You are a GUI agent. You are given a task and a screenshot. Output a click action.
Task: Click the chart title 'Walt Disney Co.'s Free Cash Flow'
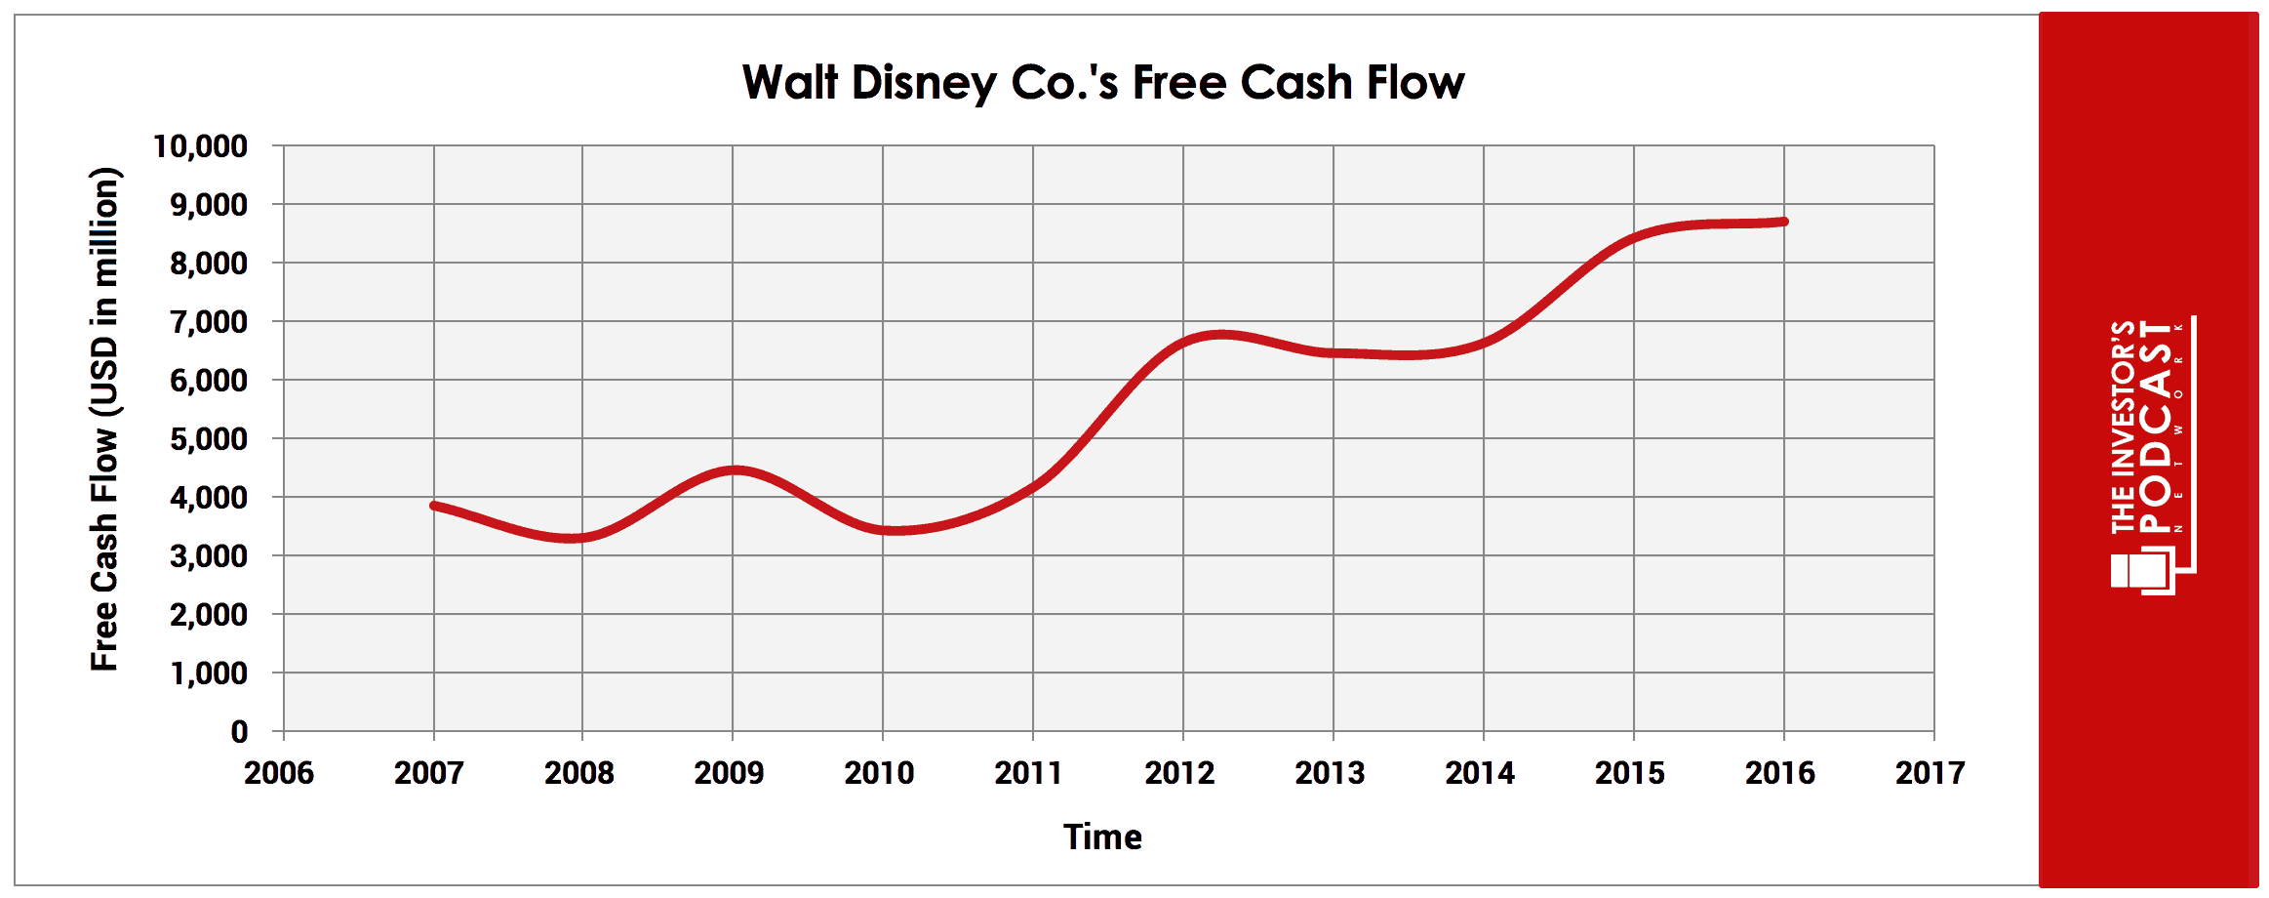1102,82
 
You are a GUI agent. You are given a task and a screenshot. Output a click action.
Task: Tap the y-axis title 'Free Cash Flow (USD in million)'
104,420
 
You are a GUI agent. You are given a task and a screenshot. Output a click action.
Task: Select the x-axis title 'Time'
1102,837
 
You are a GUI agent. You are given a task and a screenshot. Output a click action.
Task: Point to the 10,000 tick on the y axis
200,146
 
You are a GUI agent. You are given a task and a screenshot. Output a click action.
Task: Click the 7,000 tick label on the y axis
208,322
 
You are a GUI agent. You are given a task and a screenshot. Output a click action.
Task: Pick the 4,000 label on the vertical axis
208,498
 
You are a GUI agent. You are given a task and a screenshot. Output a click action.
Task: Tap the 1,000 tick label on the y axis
208,673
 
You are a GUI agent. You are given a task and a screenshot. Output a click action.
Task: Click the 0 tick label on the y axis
239,732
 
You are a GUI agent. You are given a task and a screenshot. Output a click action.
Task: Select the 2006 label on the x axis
279,773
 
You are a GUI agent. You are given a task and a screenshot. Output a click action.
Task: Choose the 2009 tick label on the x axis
729,773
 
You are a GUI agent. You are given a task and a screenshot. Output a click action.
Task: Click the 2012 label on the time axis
1179,773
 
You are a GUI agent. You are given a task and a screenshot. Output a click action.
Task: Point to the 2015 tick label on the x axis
1630,773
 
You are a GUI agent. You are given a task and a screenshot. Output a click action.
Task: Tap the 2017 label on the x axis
1930,773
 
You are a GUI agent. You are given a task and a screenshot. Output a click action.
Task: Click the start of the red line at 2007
434,505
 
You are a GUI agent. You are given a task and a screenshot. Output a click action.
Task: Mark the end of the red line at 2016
1784,222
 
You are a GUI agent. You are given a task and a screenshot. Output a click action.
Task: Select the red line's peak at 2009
734,469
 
